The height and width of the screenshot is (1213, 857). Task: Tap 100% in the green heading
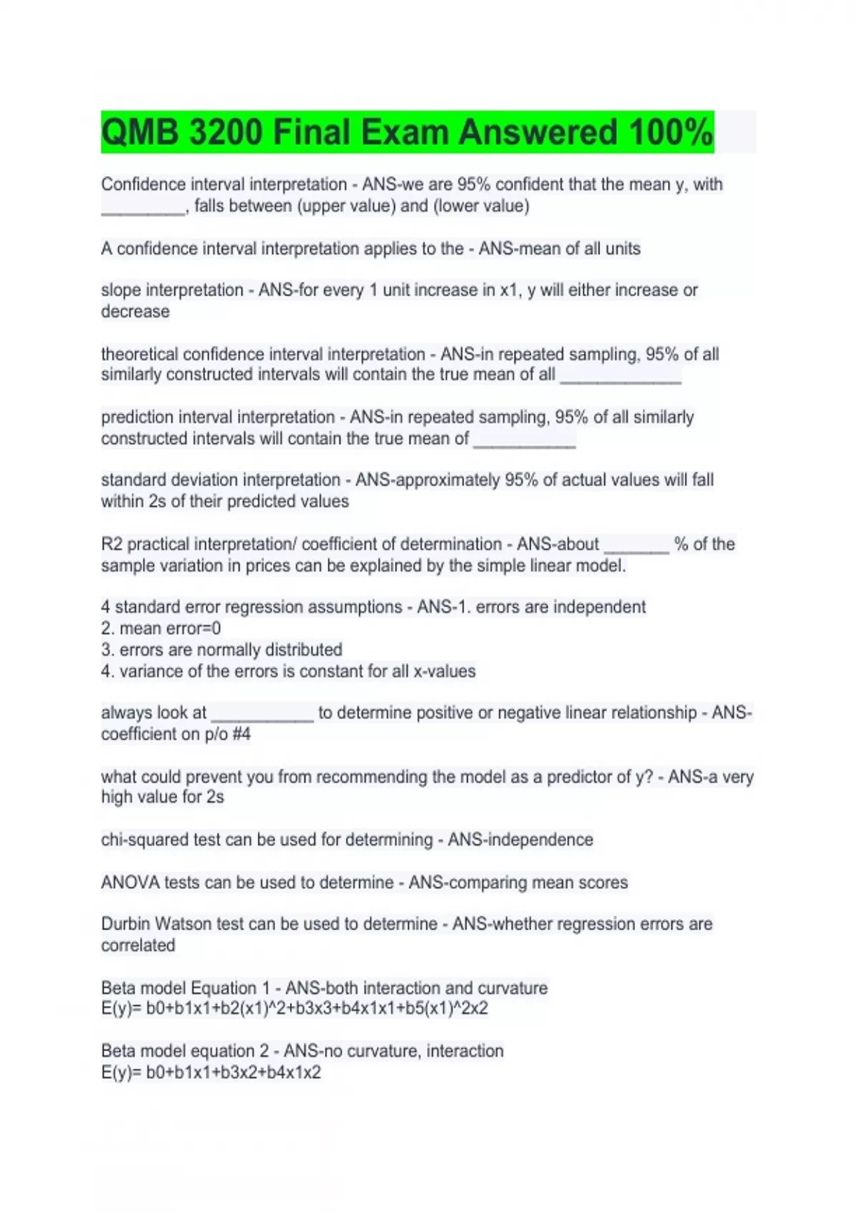(x=671, y=133)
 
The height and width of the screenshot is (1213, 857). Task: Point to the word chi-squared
(x=141, y=840)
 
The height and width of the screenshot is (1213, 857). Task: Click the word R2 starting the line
(x=112, y=544)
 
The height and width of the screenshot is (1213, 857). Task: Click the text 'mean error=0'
(x=170, y=629)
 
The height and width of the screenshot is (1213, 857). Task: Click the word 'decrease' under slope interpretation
(x=135, y=312)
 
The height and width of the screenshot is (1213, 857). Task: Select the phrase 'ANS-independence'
(x=520, y=840)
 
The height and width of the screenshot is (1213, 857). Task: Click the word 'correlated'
(x=138, y=945)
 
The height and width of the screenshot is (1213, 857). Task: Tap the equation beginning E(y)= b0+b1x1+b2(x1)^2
(x=294, y=1009)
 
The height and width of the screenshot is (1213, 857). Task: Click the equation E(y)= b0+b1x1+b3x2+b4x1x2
(x=211, y=1072)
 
